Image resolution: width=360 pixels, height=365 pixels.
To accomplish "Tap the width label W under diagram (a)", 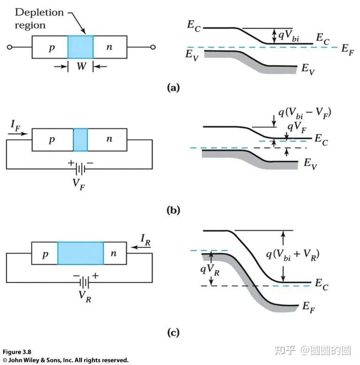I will (x=80, y=67).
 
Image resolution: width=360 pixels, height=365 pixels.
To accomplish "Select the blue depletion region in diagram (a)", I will (x=80, y=47).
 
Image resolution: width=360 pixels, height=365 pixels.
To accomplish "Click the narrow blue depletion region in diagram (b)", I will (x=80, y=140).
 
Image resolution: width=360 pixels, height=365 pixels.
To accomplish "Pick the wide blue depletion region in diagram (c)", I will (x=80, y=254).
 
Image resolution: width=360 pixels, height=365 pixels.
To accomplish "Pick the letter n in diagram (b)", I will (x=109, y=140).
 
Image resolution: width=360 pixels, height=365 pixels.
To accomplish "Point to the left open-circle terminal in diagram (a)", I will (x=9, y=47).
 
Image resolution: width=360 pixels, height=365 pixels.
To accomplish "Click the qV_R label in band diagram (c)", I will (x=197, y=269).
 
